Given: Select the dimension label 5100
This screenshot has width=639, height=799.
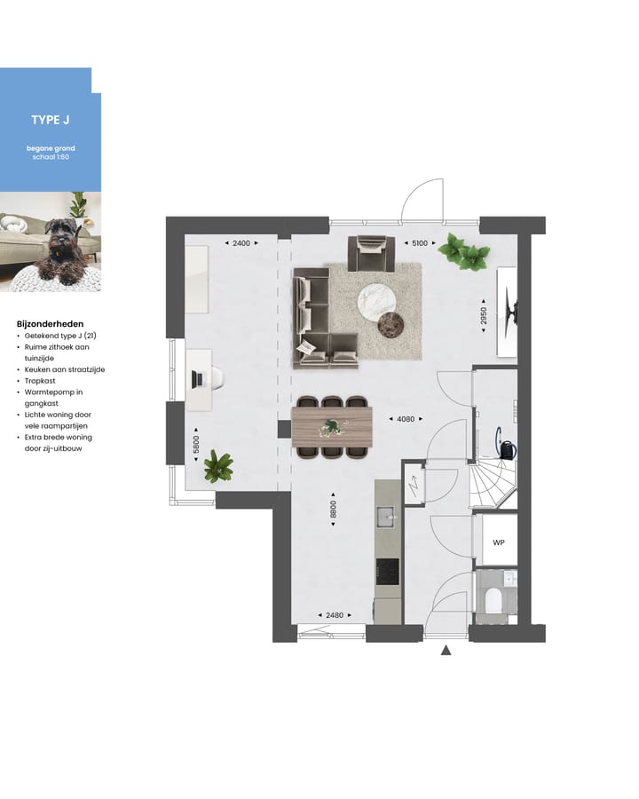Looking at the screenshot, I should coord(416,242).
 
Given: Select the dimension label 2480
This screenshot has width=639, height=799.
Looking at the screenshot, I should coord(334,614).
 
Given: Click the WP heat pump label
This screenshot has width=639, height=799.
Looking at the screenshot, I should coord(498,542).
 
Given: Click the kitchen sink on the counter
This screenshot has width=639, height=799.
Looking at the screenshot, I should coord(386,516).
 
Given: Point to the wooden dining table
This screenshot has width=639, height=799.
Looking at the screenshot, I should coord(331,426).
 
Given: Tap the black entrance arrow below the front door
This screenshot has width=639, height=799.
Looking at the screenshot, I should coord(446,652).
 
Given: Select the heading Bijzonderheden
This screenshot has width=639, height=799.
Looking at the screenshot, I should coord(50,324).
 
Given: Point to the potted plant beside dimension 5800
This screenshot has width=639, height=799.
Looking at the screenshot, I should coord(217,466).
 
